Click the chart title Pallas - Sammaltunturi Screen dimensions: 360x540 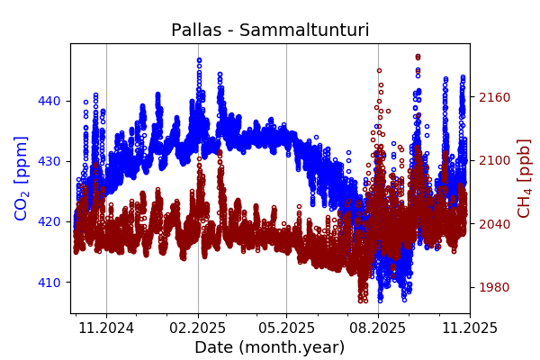(x=270, y=31)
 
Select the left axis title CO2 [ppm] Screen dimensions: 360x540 (x=22, y=178)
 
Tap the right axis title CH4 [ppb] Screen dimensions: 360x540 (x=524, y=178)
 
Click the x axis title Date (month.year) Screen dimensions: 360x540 (x=269, y=347)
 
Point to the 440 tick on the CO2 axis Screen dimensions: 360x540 (x=50, y=101)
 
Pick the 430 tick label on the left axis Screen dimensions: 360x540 (x=50, y=161)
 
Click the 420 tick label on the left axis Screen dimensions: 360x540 (x=50, y=221)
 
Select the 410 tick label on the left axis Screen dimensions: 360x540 (x=50, y=282)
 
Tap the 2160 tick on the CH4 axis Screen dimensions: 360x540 (x=493, y=97)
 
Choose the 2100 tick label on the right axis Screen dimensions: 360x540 (x=493, y=160)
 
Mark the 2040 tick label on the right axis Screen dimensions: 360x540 (x=493, y=224)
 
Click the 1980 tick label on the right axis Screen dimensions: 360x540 (x=493, y=287)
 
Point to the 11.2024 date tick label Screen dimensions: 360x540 (x=106, y=328)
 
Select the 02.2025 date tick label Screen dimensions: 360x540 (x=198, y=328)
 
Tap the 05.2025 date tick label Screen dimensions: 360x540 (x=286, y=328)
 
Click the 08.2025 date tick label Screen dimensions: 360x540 (x=377, y=328)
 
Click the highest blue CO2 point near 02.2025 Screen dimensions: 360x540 (x=199, y=60)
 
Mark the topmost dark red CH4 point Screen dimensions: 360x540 (x=418, y=56)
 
